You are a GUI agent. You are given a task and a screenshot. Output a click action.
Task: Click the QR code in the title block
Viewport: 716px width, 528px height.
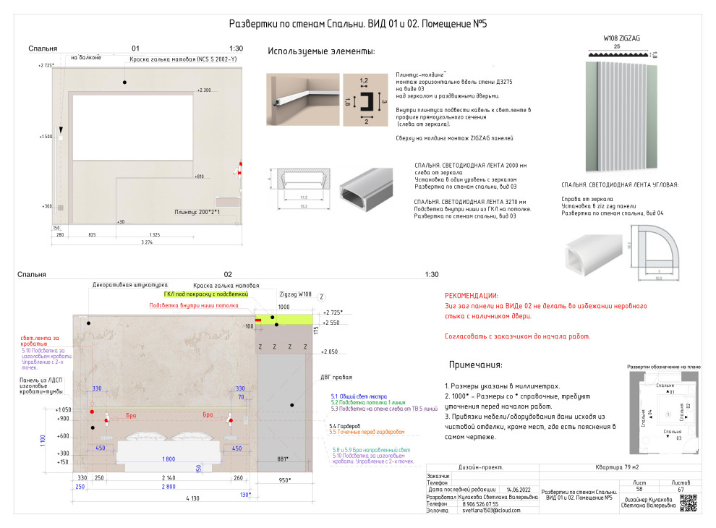tap(689, 503)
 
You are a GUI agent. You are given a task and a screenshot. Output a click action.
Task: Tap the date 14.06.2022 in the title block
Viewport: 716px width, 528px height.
tap(519, 490)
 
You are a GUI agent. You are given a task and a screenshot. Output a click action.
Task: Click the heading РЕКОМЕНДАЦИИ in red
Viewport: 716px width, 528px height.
tap(471, 296)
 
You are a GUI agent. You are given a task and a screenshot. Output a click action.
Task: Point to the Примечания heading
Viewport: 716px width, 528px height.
tap(475, 365)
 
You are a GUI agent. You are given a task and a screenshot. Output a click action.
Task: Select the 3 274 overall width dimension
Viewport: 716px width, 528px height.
tap(148, 243)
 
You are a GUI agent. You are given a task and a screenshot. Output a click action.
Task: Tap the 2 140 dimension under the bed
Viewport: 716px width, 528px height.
tap(169, 478)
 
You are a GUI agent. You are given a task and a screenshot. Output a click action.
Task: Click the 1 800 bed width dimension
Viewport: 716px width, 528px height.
tap(168, 459)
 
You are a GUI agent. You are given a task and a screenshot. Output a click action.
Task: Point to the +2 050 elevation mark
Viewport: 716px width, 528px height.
tap(330, 351)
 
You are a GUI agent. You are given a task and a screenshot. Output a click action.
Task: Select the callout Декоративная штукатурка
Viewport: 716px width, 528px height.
tap(130, 285)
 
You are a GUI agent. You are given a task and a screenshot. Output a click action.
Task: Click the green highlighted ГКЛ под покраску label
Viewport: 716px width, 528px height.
tap(206, 294)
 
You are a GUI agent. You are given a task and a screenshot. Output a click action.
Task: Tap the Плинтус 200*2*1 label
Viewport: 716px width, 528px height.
tap(197, 212)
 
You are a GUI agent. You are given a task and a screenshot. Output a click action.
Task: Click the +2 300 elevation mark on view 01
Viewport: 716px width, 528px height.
tap(203, 90)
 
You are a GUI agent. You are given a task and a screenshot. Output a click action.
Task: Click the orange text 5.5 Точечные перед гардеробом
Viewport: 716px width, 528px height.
tap(367, 432)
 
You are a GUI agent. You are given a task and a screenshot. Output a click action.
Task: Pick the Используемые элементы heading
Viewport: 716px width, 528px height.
tap(321, 51)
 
